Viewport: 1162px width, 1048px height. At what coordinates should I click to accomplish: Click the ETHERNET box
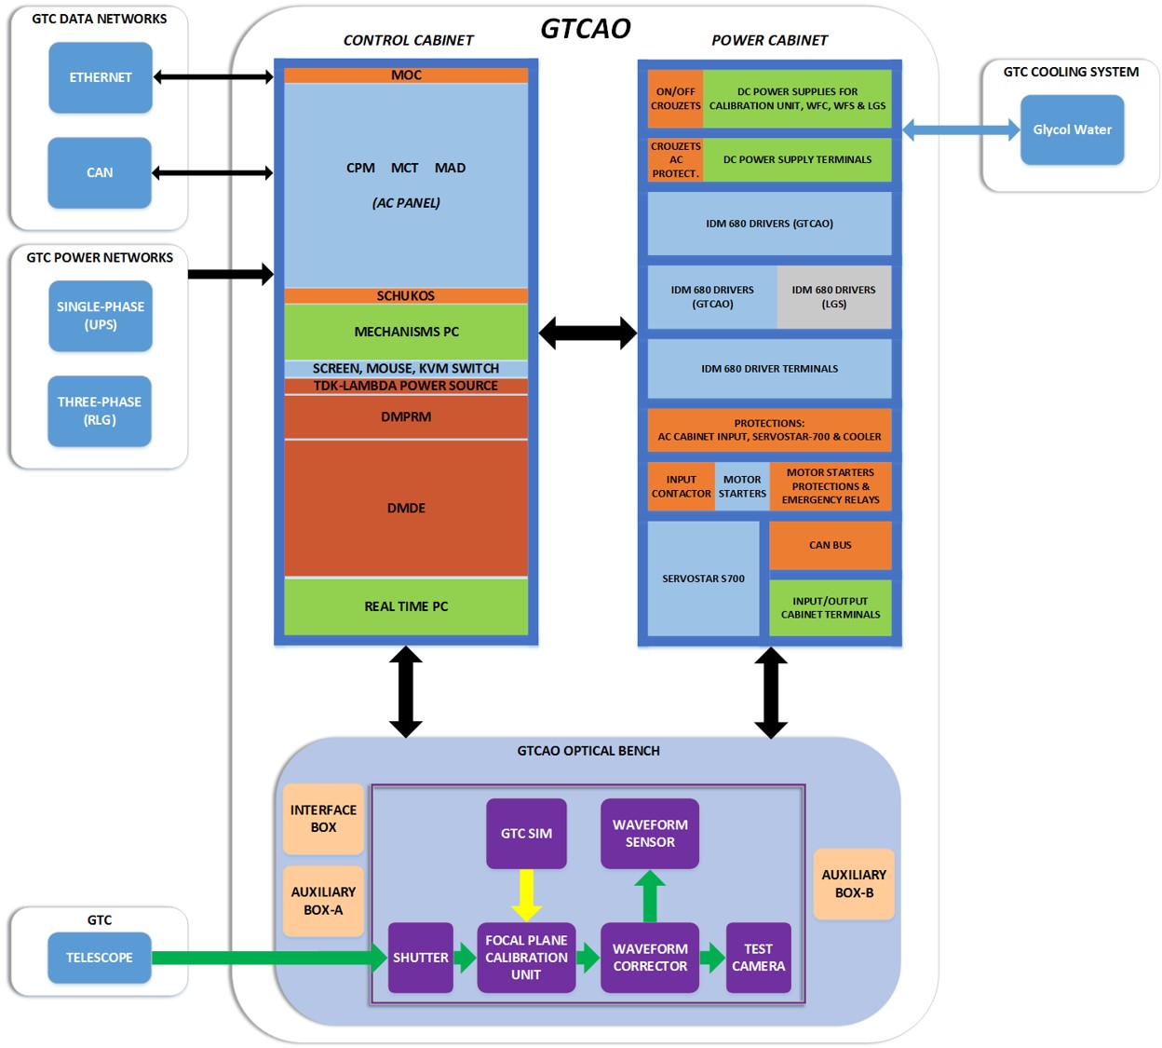pos(101,77)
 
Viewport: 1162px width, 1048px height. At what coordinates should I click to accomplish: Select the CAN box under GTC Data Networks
pos(100,172)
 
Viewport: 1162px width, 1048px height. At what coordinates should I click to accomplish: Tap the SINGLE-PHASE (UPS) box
pos(101,316)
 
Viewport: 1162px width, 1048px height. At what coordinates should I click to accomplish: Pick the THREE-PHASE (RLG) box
pos(100,411)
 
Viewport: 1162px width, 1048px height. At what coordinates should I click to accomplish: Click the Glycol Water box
pos(1072,129)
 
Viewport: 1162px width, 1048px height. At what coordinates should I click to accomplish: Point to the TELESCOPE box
pos(100,958)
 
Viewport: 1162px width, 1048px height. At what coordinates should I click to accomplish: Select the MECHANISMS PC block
pos(406,332)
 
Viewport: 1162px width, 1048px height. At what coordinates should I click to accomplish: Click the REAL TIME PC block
pos(406,606)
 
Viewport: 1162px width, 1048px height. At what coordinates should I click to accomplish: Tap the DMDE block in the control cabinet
pos(406,508)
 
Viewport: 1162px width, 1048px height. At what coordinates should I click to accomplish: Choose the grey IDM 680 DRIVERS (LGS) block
pos(833,297)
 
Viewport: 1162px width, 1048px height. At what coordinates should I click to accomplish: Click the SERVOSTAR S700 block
pos(703,578)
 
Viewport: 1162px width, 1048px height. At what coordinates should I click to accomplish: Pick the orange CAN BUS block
pos(830,545)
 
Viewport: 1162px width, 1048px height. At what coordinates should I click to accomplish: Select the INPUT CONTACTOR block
pos(681,486)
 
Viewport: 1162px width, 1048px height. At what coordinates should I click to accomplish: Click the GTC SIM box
pos(526,834)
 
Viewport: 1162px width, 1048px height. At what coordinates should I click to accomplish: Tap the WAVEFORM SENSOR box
pos(650,834)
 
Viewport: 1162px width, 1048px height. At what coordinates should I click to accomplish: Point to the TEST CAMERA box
pos(758,958)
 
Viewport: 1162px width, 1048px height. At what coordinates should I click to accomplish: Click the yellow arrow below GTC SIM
pos(526,894)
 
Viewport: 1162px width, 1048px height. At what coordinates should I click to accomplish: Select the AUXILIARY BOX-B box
pos(854,884)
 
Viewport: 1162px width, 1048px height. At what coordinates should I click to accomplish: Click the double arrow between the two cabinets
pos(588,333)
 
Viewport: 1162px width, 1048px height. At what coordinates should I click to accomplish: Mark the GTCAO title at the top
pos(586,29)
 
